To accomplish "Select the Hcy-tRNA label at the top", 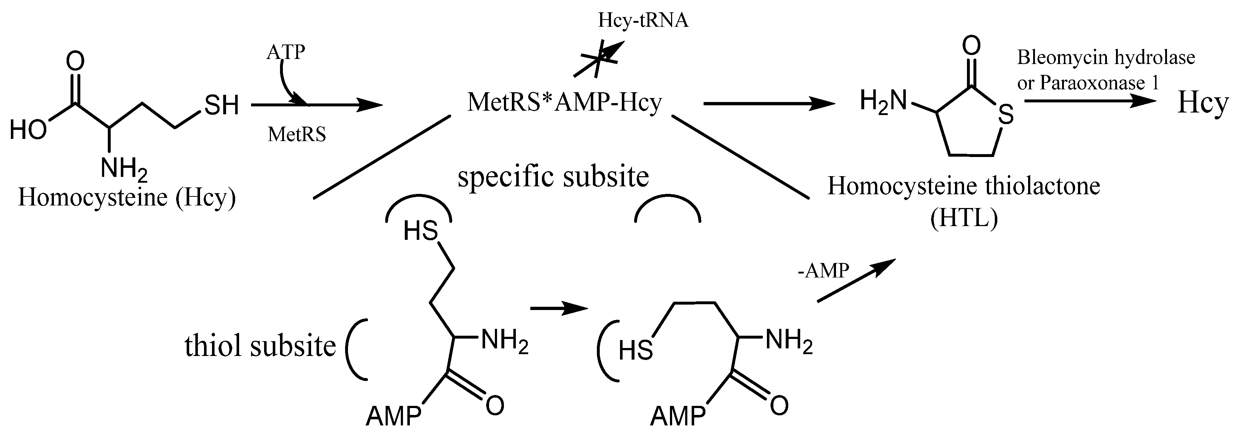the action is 644,21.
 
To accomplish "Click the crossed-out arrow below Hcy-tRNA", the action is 599,59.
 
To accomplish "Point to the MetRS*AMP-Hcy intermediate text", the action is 564,102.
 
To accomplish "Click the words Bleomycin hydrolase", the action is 1106,58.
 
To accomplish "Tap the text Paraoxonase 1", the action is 1099,83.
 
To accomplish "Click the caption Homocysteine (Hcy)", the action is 127,198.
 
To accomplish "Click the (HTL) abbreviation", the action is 964,218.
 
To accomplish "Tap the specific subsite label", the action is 553,177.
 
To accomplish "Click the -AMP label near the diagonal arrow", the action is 823,271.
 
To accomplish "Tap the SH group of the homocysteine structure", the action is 221,105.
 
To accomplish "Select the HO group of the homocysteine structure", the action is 29,129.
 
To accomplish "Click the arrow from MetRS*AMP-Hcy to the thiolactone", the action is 769,103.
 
